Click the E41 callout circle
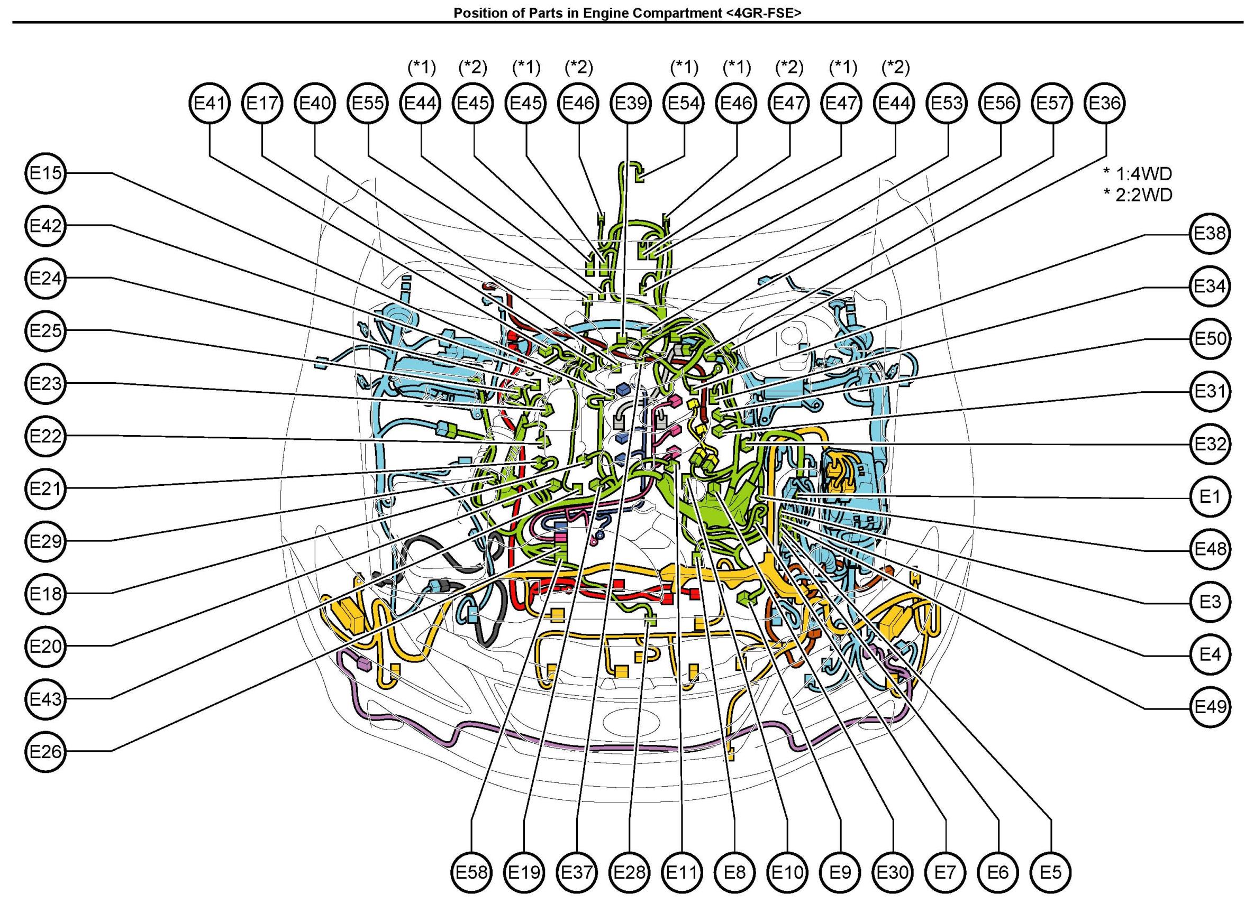(x=210, y=103)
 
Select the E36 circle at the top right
(x=1105, y=103)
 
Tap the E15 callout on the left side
(x=46, y=173)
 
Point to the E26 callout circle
(x=46, y=752)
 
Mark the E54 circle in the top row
(x=684, y=103)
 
